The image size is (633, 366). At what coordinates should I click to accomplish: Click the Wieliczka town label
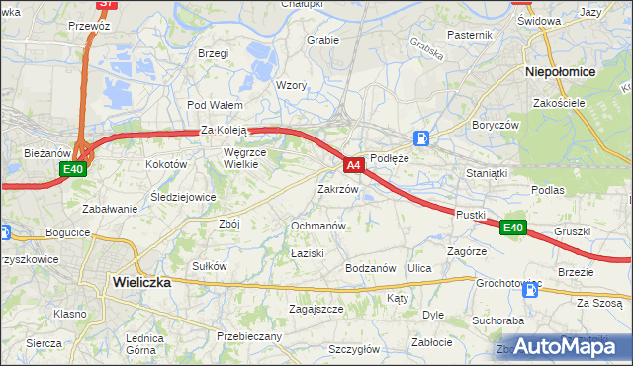click(136, 282)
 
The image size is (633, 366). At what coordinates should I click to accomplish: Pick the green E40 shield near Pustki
click(512, 228)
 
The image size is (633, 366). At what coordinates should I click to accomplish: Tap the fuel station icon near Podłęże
click(422, 138)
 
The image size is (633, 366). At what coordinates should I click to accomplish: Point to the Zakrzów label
click(337, 188)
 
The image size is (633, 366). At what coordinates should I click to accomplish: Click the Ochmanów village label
click(317, 226)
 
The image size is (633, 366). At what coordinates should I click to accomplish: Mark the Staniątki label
click(487, 173)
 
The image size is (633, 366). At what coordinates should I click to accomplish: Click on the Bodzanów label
click(370, 268)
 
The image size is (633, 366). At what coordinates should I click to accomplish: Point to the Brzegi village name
click(213, 53)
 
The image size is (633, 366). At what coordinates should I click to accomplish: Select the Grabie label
click(323, 41)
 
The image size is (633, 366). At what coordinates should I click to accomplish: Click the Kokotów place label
click(166, 164)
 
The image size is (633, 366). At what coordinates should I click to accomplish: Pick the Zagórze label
click(466, 252)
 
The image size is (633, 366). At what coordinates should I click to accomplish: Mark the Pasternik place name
click(469, 35)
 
